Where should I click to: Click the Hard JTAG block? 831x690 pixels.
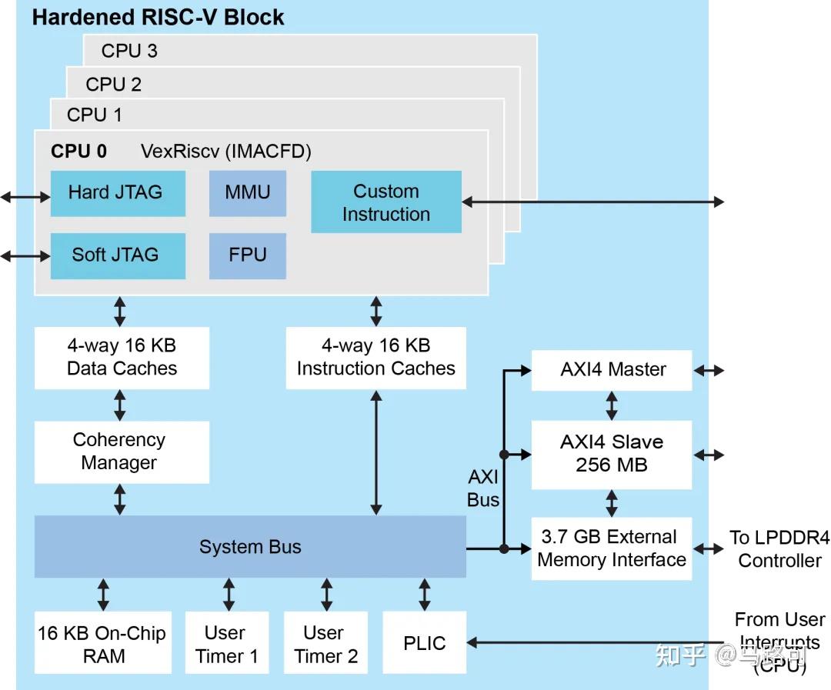(x=118, y=193)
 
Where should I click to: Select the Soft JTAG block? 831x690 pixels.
(x=118, y=255)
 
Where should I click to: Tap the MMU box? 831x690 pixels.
(x=247, y=193)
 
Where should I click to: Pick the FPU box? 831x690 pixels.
(x=247, y=255)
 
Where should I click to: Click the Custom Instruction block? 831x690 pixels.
(x=385, y=202)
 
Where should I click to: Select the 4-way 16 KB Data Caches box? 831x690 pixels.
(x=122, y=358)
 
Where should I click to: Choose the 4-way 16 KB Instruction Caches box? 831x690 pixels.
(x=375, y=358)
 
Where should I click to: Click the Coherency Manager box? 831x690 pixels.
(x=122, y=452)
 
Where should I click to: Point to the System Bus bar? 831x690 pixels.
(x=250, y=547)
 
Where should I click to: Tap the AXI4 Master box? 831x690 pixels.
(x=612, y=370)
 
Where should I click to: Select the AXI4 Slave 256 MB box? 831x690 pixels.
(x=612, y=454)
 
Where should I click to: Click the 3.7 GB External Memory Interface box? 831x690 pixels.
(x=612, y=548)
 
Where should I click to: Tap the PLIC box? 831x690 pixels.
(x=424, y=643)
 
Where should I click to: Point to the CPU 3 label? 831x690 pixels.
(x=129, y=52)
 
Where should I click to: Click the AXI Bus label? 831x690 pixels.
(x=483, y=489)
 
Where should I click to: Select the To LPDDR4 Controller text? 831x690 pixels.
(x=779, y=549)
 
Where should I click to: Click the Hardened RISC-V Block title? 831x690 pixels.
(x=158, y=18)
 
